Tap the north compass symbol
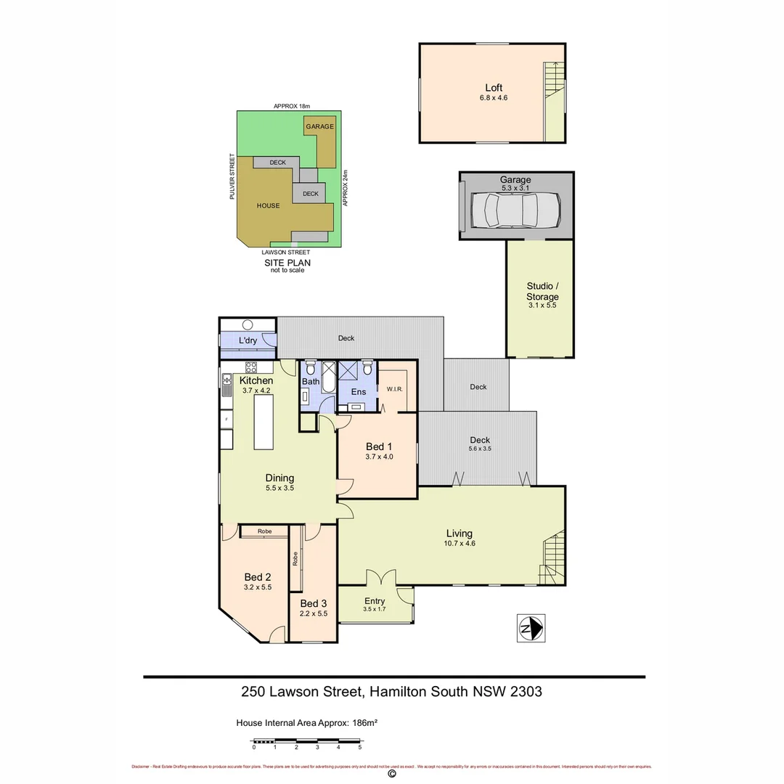tap(531, 627)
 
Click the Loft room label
tap(494, 88)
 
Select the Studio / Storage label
tap(542, 292)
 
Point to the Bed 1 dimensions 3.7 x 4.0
tap(379, 457)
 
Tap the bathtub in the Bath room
tap(327, 377)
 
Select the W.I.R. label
tap(395, 389)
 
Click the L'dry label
tap(248, 341)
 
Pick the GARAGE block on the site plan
tap(319, 126)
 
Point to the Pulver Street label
tap(232, 176)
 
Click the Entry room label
tap(375, 600)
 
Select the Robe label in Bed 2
tap(264, 531)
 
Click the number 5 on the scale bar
tap(360, 747)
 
